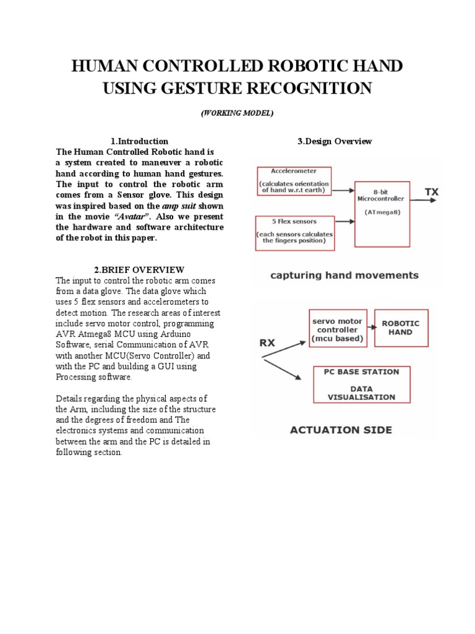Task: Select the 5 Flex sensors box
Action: [x=295, y=233]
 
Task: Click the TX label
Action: [x=431, y=193]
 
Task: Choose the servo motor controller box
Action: [x=336, y=328]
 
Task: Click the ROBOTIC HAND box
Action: [x=401, y=328]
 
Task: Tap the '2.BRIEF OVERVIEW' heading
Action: [x=139, y=269]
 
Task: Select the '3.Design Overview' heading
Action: [x=335, y=141]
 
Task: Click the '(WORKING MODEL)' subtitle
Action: [x=237, y=113]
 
